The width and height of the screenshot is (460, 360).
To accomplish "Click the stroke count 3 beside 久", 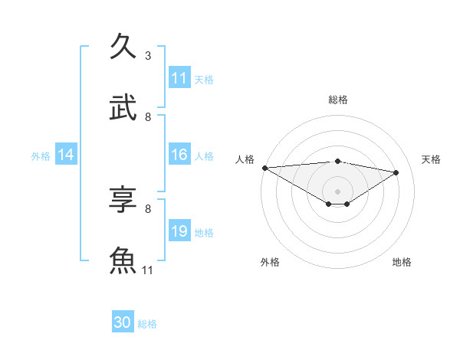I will pos(148,56).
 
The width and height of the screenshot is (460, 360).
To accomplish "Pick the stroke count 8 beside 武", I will pos(148,117).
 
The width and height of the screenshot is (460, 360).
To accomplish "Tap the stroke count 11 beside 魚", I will pos(148,270).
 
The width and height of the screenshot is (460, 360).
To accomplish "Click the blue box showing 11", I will pos(179,78).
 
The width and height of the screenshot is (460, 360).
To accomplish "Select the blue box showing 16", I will pos(179,155).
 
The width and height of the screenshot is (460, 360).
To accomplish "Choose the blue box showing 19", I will pos(179,231).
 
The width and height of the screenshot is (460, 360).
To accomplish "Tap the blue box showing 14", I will pos(66,155).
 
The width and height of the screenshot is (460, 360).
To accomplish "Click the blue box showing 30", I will pos(123,322).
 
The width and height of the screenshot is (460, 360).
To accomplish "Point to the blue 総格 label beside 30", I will pos(147,324).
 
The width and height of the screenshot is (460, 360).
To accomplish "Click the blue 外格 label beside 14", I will pos(41,155).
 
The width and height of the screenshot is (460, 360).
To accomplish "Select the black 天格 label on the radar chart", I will pos(431,159).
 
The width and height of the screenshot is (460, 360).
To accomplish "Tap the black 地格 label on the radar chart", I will pos(402,262).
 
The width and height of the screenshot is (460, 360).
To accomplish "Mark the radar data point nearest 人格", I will pos(264,168).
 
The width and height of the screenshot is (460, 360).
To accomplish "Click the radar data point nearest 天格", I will pos(396,173).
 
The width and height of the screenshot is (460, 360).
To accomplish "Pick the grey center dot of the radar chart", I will pos(337,191).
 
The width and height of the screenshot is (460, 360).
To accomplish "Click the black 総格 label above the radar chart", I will pos(337,100).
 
